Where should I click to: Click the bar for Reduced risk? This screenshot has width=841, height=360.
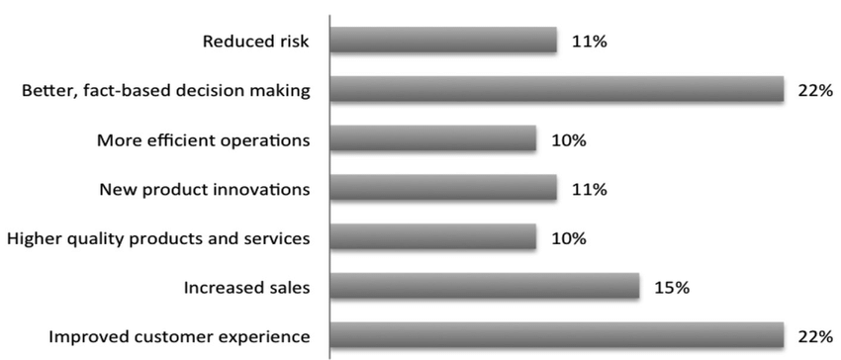click(443, 41)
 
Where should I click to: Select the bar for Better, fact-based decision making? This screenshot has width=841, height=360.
click(556, 90)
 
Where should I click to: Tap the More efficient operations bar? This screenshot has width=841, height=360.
click(432, 139)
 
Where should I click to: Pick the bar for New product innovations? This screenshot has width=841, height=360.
click(443, 188)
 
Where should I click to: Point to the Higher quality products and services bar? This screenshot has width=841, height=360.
click(432, 237)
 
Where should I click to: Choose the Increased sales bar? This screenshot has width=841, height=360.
click(484, 287)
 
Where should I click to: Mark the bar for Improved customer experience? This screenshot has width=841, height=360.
click(556, 336)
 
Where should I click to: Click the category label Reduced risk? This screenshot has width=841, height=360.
click(255, 42)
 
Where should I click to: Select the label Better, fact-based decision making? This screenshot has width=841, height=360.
click(166, 91)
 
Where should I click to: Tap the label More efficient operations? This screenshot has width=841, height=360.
click(203, 140)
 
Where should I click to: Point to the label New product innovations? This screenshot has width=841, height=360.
click(205, 189)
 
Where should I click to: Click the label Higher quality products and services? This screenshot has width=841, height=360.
click(158, 238)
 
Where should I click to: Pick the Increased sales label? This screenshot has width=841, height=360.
click(246, 288)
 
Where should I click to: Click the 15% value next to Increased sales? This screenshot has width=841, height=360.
click(671, 288)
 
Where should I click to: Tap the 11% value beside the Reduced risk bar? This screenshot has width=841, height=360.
click(588, 42)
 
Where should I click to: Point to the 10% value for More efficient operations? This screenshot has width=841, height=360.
click(569, 140)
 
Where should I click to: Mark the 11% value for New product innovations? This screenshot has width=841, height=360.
click(588, 189)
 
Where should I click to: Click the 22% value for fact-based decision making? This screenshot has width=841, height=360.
click(814, 91)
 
